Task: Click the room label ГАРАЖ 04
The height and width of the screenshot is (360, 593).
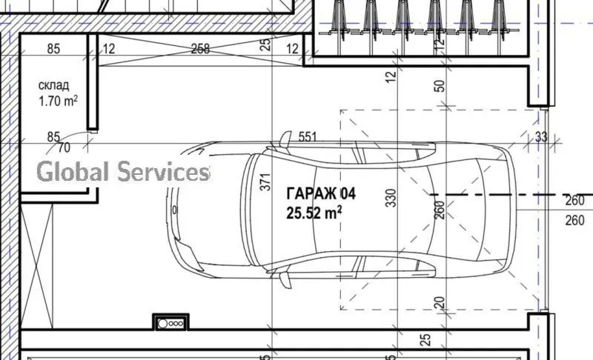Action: pos(321,194)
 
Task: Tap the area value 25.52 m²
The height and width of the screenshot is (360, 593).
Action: pos(314,213)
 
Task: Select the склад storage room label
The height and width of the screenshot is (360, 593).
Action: pos(53,85)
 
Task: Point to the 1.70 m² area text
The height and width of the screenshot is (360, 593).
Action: pos(58,101)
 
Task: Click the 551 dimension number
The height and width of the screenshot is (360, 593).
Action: pos(308,137)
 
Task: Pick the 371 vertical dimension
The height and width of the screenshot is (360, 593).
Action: pos(266,181)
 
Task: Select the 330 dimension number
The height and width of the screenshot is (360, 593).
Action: pos(391,198)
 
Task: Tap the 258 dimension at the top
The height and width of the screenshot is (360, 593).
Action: pos(200,49)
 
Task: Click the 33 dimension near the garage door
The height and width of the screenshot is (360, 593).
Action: pos(541,137)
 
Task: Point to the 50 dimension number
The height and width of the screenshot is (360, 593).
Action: pos(440,86)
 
